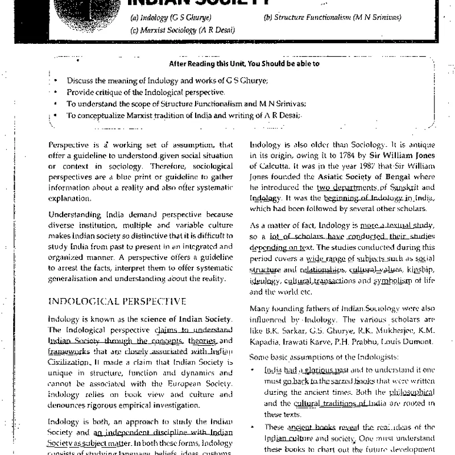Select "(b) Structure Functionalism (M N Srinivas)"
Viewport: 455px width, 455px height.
pyautogui.click(x=333, y=17)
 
